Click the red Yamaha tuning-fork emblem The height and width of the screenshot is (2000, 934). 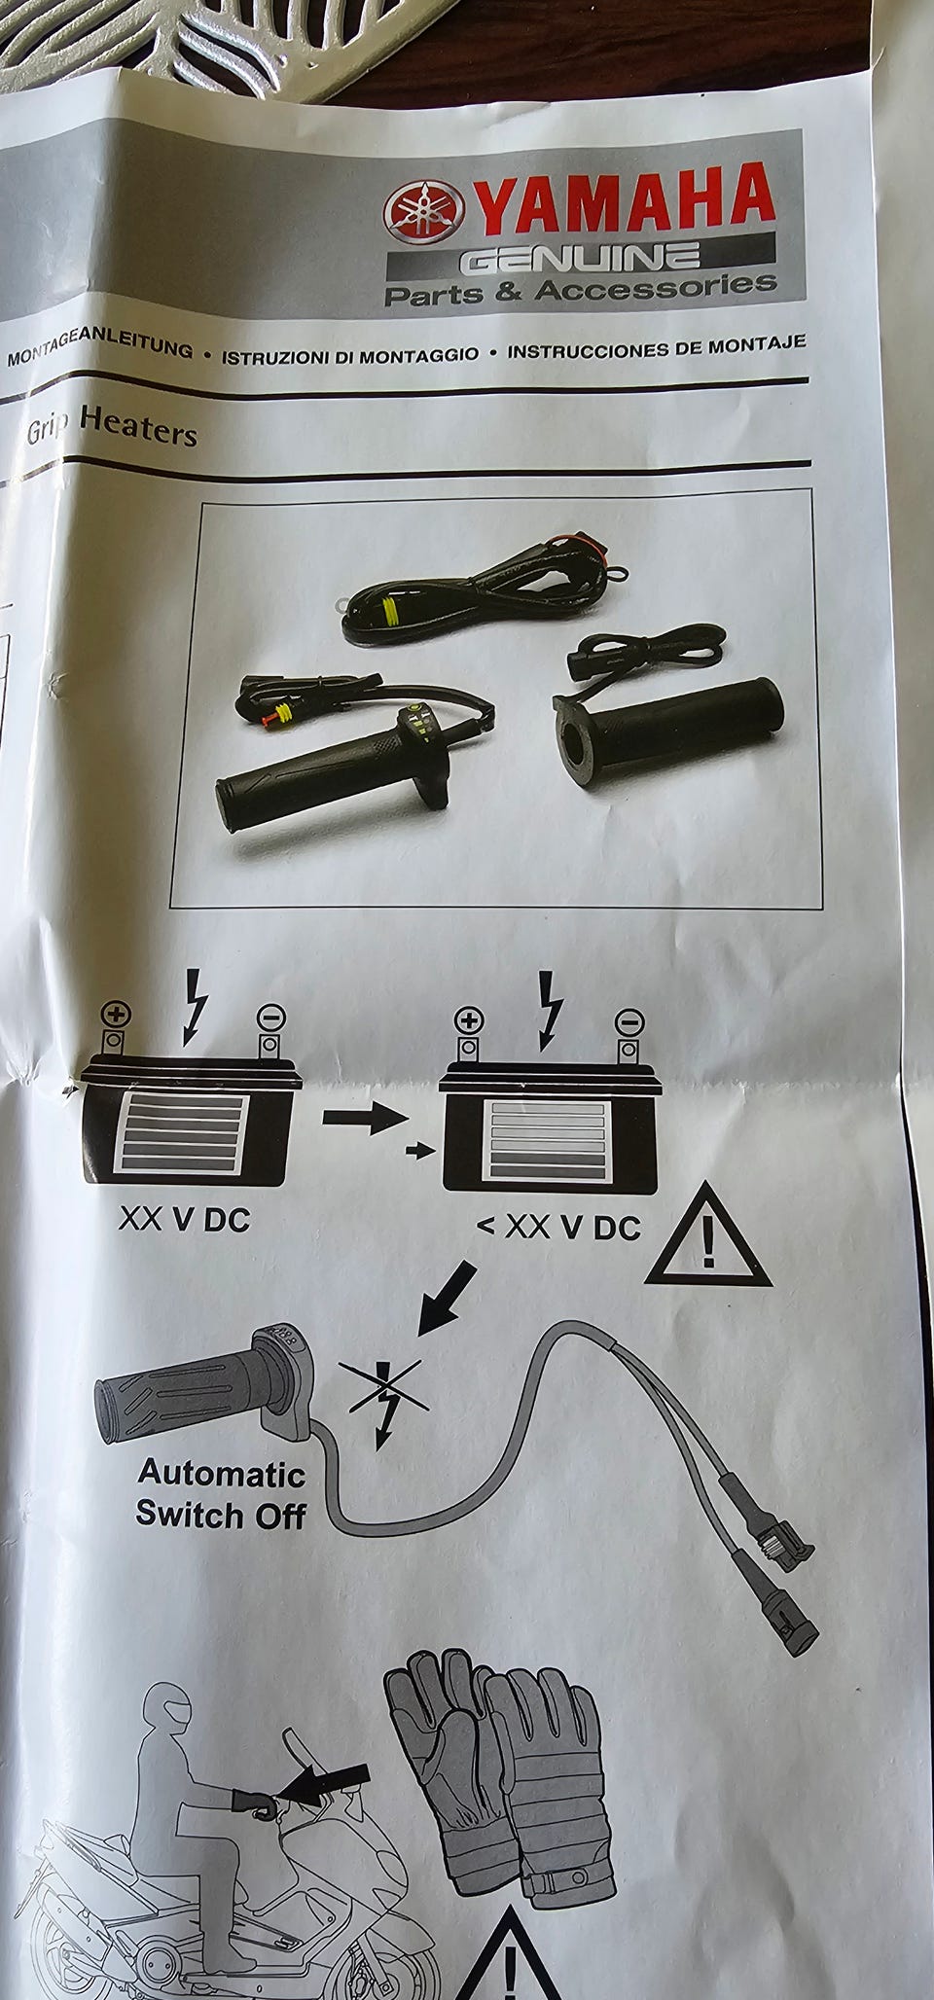click(423, 211)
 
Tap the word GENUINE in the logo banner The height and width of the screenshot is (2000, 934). click(579, 258)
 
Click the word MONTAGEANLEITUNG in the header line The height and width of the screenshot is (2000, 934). click(99, 350)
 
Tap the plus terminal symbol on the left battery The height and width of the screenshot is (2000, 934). click(116, 1015)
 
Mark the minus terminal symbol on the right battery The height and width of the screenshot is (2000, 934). click(629, 1021)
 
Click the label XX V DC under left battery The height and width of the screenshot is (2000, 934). click(184, 1219)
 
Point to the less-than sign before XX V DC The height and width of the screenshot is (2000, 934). click(486, 1226)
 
